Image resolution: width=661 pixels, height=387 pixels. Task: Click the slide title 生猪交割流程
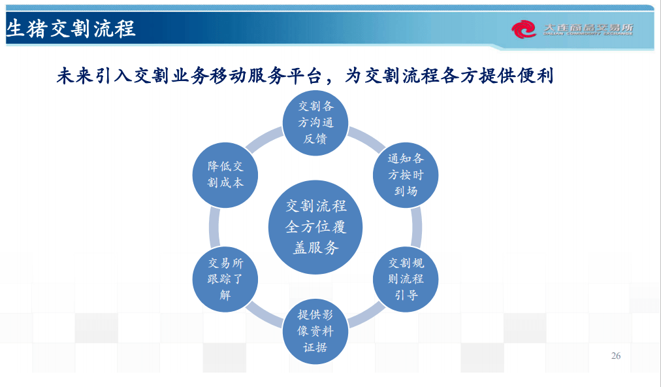tap(71, 29)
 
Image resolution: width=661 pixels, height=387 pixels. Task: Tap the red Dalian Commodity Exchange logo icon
tap(523, 29)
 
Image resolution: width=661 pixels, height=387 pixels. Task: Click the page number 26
tap(615, 356)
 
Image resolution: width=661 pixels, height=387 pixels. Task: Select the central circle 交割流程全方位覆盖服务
tap(315, 227)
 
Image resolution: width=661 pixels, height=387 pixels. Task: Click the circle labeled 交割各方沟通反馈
tap(315, 123)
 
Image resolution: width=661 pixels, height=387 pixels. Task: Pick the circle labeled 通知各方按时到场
tap(406, 175)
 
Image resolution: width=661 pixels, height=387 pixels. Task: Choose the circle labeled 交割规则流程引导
tap(406, 279)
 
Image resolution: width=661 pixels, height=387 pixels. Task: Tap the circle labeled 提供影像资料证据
tap(315, 331)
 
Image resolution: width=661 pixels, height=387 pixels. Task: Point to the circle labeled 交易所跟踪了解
tap(225, 279)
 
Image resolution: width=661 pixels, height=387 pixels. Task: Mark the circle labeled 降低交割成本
tap(225, 175)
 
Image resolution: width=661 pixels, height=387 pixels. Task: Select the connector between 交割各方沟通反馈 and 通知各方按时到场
tap(366, 140)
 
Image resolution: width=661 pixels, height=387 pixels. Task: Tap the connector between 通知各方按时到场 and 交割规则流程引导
tap(417, 227)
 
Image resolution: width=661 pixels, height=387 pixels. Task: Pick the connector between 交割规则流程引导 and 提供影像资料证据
tap(366, 314)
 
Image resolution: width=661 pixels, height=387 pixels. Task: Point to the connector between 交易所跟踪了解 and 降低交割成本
tap(214, 227)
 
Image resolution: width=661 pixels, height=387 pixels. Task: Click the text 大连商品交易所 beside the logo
tap(588, 27)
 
